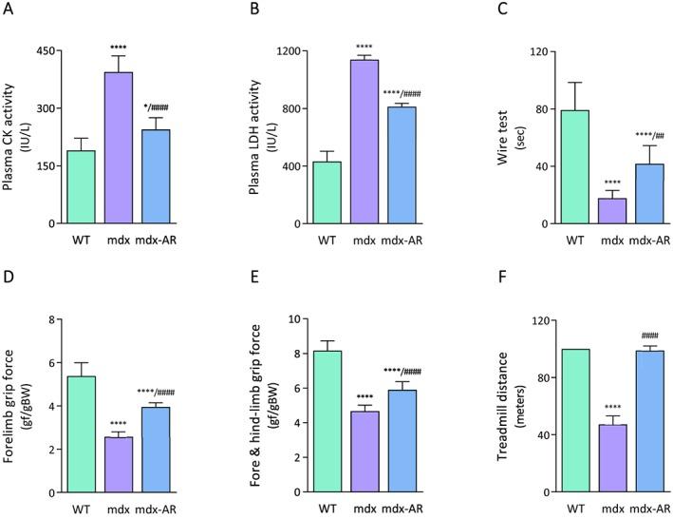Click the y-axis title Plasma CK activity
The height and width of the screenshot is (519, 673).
(x=16, y=137)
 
